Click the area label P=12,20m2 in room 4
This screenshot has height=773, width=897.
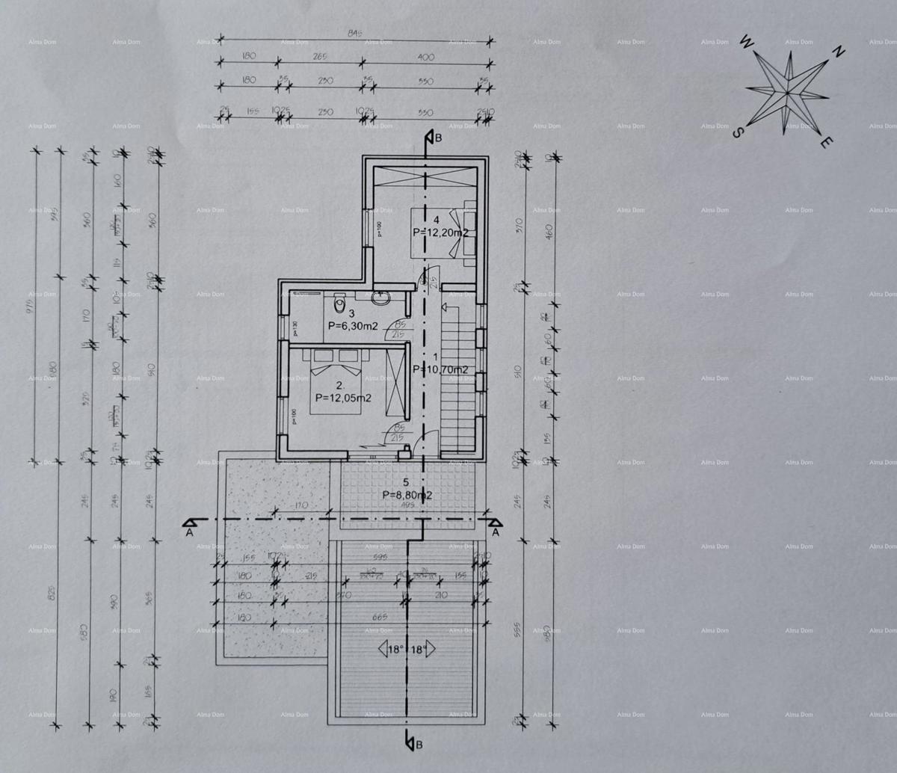[x=440, y=232]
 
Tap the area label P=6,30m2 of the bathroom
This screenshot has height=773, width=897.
[x=352, y=326]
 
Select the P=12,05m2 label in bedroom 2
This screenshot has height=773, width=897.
[x=343, y=398]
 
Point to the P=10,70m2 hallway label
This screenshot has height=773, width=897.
[x=441, y=369]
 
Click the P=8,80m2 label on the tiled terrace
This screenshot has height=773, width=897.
[x=407, y=495]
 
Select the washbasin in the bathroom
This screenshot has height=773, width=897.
[x=380, y=297]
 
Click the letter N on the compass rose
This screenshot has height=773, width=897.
[x=839, y=52]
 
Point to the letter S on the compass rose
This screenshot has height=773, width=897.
[x=737, y=132]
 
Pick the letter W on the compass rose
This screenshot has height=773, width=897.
[x=745, y=43]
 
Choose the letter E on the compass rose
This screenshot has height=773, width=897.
[x=824, y=142]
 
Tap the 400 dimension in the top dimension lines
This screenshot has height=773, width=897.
[x=425, y=57]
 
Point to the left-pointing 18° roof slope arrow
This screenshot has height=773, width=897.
[x=392, y=649]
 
